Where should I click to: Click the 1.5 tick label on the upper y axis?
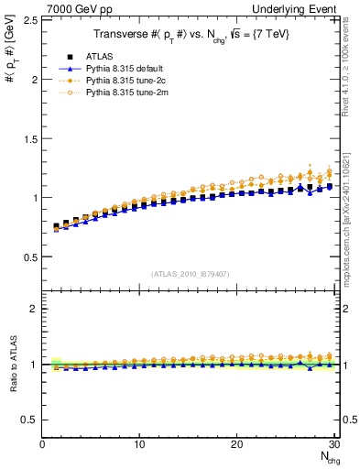pyautogui.click(x=29, y=137)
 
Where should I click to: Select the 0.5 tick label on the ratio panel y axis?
pyautogui.click(x=29, y=420)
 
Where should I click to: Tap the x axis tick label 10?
pyautogui.click(x=139, y=445)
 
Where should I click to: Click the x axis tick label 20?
pyautogui.click(x=236, y=445)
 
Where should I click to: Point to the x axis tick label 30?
pyautogui.click(x=333, y=445)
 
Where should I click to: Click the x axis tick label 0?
pyautogui.click(x=42, y=445)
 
